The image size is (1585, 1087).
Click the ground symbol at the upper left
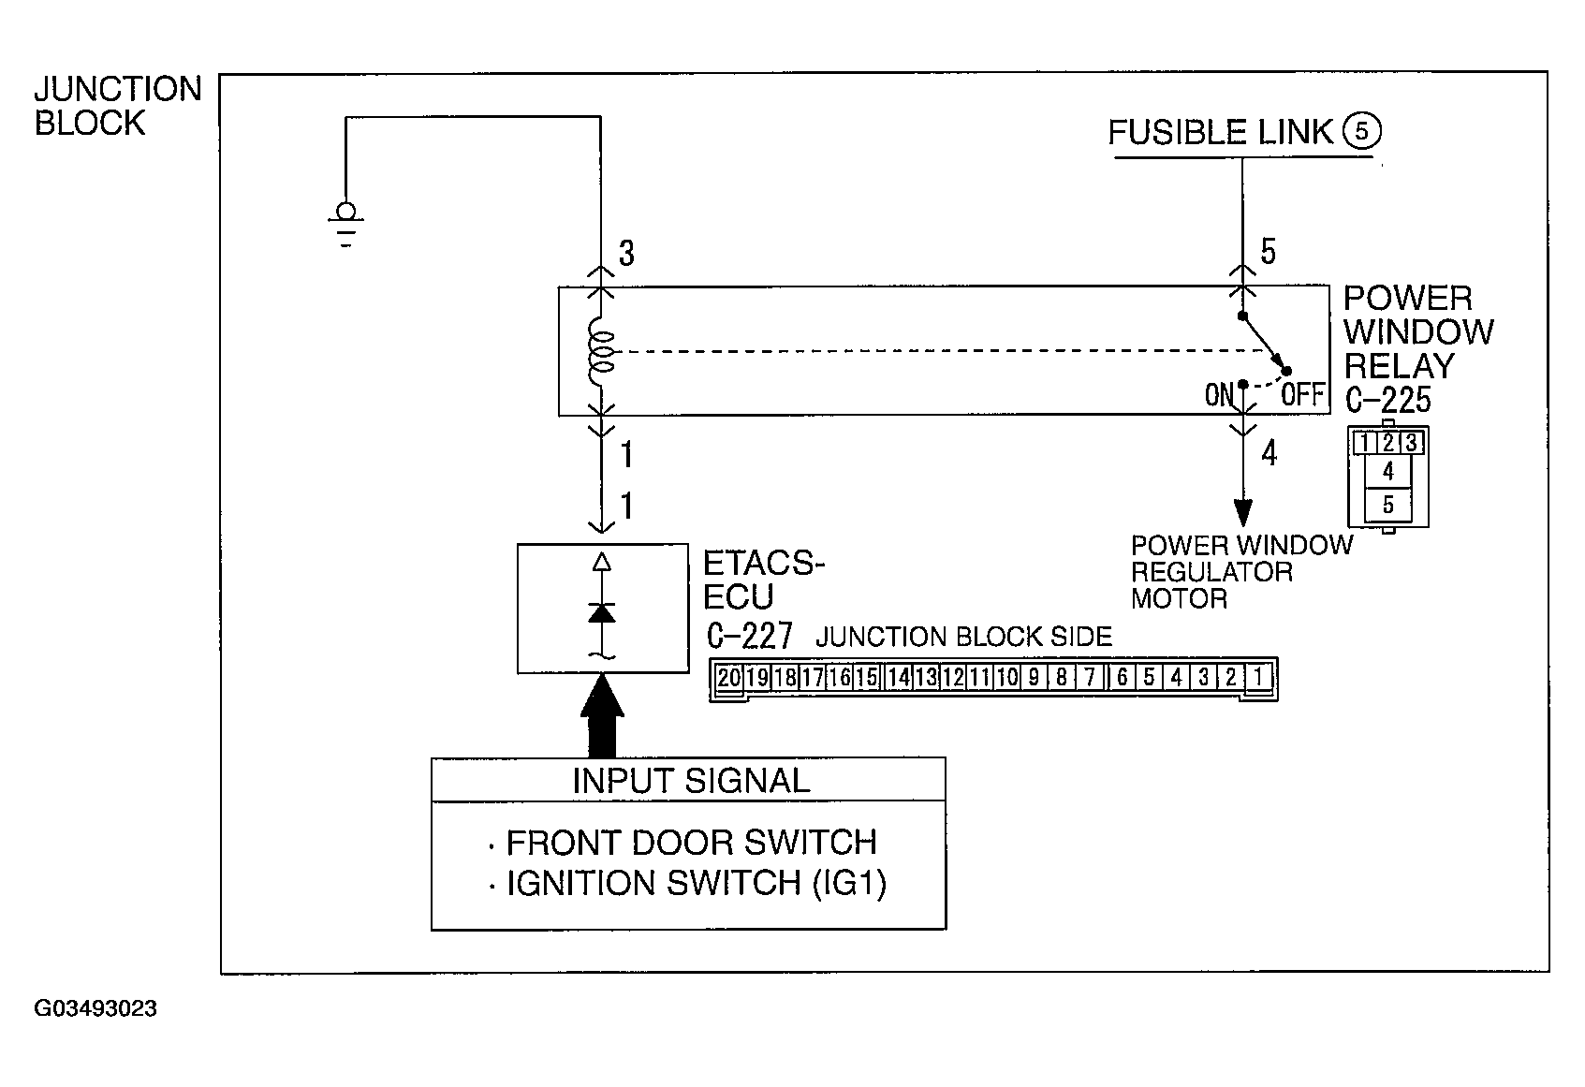[x=346, y=224]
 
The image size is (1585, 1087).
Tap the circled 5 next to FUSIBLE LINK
[x=1361, y=131]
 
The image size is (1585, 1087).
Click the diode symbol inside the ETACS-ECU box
[x=601, y=613]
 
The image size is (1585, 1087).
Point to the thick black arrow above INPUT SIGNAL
[x=601, y=715]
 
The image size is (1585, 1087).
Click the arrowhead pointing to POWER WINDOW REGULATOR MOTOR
[x=1243, y=512]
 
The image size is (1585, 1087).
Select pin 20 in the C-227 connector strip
[x=728, y=678]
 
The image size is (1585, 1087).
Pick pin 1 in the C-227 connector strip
[x=1259, y=678]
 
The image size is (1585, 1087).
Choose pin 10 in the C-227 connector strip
[x=1007, y=678]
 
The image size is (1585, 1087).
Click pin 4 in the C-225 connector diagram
[x=1387, y=471]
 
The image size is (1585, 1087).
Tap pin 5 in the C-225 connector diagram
[x=1387, y=506]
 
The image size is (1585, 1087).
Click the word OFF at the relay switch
[x=1302, y=395]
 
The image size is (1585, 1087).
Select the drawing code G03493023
[x=95, y=1007]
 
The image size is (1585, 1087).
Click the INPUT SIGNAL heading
[x=691, y=781]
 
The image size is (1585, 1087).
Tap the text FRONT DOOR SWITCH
[x=691, y=843]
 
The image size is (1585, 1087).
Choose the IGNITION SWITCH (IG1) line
[x=697, y=883]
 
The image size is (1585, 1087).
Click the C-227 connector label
[x=749, y=636]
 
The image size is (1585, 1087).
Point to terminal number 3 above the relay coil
[x=627, y=253]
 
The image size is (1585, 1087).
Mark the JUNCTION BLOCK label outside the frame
[x=118, y=106]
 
